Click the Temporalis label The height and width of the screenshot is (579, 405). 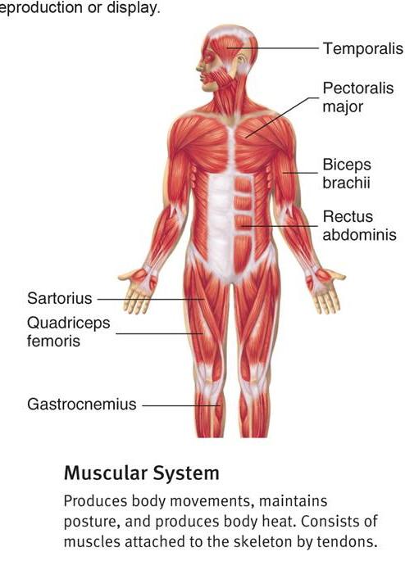363,48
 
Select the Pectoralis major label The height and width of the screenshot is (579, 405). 358,97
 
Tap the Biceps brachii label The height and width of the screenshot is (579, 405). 347,174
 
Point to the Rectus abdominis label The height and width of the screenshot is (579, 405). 359,225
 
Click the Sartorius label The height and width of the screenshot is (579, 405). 60,298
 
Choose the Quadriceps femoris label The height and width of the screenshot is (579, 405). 68,332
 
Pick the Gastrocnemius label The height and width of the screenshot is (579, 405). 82,404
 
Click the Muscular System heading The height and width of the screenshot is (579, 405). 142,473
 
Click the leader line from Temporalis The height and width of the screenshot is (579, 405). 273,48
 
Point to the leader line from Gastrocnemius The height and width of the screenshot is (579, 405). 181,405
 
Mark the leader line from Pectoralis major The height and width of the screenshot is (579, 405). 282,118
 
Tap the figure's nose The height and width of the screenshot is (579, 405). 199,67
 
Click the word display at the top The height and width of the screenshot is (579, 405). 134,8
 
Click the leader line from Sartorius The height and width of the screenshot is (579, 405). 150,299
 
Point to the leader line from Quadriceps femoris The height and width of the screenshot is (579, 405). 159,334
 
